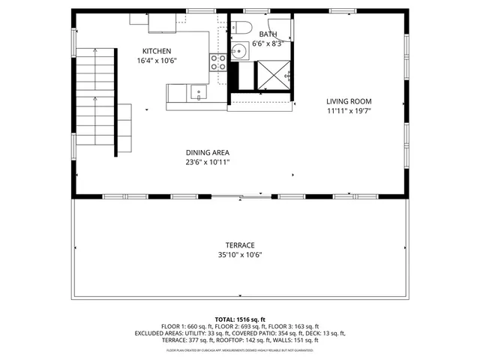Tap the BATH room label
point(268,34)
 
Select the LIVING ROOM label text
point(348,101)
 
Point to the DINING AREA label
point(208,152)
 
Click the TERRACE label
point(240,245)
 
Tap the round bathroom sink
point(238,52)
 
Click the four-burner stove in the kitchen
point(217,61)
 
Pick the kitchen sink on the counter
point(197,92)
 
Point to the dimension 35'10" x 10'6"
point(240,255)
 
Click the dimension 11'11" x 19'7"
point(348,111)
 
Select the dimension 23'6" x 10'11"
point(208,162)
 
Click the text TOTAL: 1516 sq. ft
point(240,319)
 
